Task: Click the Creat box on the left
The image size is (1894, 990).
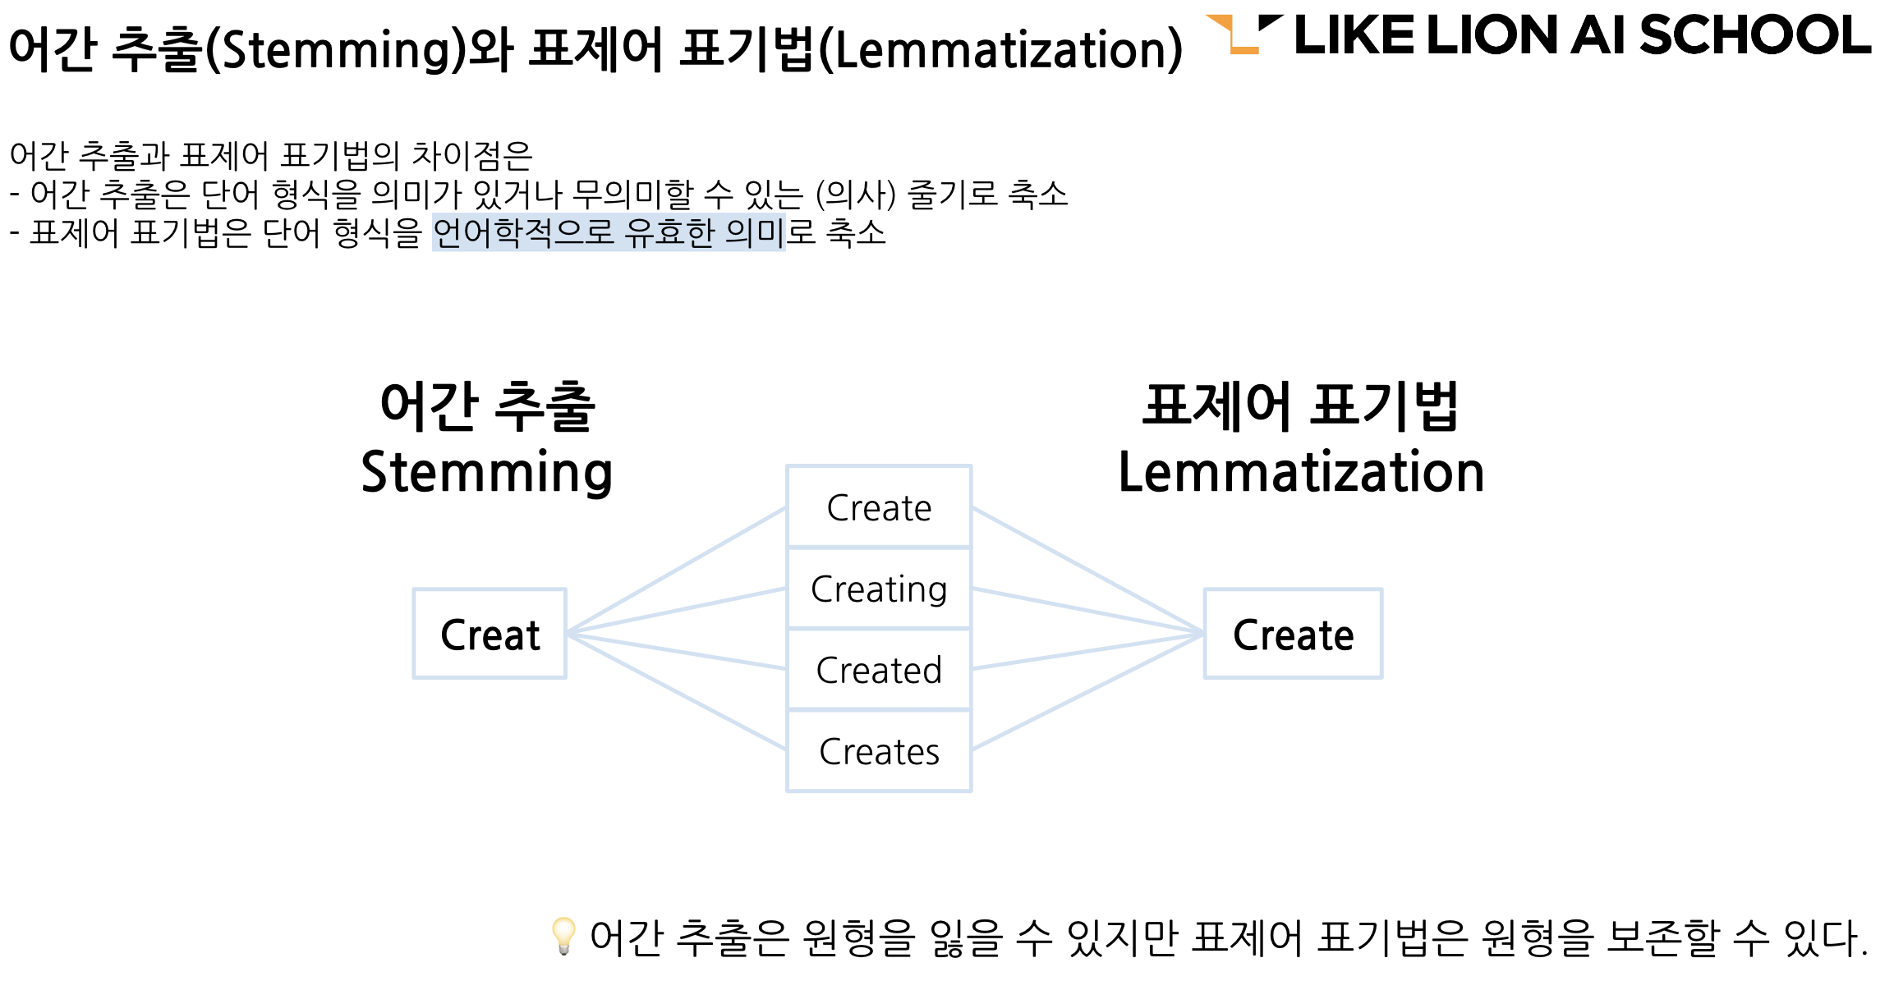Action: (490, 634)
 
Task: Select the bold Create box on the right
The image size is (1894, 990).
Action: (1293, 634)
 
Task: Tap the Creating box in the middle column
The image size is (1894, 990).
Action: (879, 589)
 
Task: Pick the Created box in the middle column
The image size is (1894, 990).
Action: (879, 670)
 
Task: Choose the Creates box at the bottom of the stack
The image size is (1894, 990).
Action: (879, 751)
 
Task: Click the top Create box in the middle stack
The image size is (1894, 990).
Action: (879, 507)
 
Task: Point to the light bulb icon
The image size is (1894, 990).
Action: (563, 936)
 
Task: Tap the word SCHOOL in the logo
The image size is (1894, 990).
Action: (1754, 36)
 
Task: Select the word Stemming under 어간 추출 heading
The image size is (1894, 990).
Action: (487, 472)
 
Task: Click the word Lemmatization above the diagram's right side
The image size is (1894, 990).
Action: (1301, 472)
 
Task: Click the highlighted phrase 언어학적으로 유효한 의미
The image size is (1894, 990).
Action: (609, 232)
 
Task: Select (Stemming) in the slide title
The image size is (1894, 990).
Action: (335, 49)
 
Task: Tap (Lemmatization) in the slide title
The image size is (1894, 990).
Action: (1001, 49)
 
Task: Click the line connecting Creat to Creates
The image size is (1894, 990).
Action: (678, 692)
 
